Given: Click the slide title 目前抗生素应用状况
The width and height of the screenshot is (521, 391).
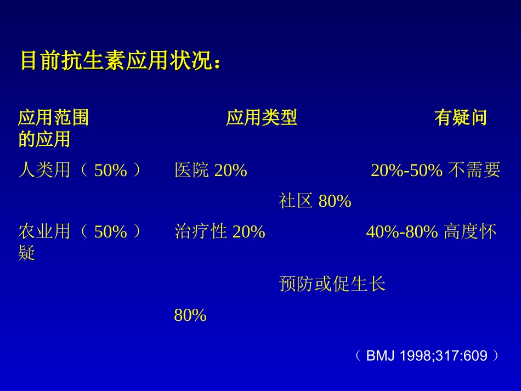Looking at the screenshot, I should [121, 61].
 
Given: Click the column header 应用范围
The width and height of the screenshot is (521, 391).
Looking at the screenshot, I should [53, 117].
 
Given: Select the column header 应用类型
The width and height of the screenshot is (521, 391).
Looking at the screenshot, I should [262, 117].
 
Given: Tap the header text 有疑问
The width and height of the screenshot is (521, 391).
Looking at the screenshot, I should [460, 117].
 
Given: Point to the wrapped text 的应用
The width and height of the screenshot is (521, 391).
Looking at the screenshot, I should [44, 139].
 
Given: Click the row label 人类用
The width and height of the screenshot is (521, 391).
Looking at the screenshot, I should [44, 171].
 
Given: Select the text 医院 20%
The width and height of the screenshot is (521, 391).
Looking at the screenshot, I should [211, 171].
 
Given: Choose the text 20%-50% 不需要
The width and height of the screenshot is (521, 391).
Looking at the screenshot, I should [435, 171].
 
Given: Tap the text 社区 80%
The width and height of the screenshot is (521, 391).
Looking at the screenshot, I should [315, 201].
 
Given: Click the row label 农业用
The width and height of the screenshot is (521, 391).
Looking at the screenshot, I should [44, 232].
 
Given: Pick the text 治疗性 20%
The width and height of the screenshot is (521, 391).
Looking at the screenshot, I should [219, 232].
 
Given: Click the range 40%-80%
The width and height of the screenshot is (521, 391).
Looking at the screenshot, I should [402, 232].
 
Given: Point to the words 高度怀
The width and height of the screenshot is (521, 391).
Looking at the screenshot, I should [470, 232].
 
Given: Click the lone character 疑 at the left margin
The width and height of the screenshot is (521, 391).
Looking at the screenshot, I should [27, 253].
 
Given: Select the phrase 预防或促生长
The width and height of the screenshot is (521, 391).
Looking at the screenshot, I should [332, 284].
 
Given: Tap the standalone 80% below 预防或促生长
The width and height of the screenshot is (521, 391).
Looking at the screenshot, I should [190, 315].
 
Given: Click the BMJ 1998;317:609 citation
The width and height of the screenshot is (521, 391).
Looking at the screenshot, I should [427, 356].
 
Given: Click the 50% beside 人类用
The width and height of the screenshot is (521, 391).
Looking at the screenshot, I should [111, 171].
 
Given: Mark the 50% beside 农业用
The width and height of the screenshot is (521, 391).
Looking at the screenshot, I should [111, 232].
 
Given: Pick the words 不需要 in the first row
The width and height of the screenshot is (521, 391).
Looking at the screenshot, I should [474, 171].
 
